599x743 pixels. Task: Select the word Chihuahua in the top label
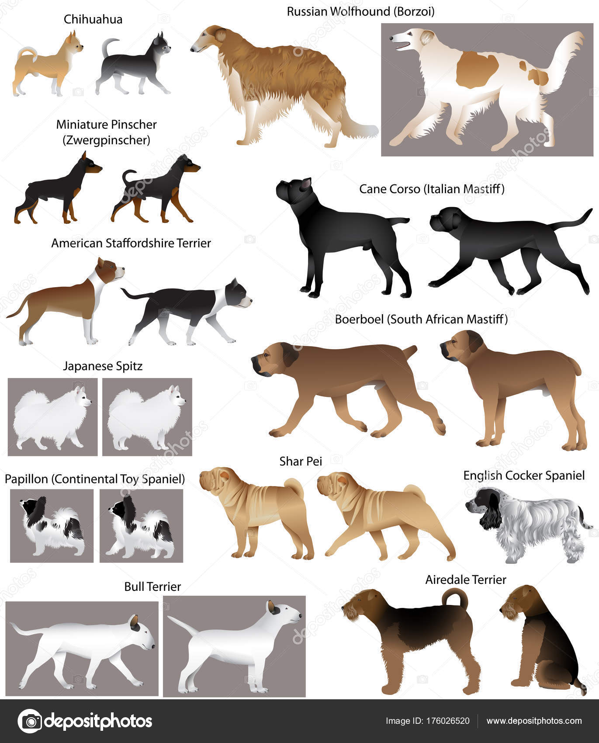coord(93,19)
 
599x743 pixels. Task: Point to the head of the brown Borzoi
coord(210,39)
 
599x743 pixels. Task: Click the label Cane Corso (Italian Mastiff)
coord(432,189)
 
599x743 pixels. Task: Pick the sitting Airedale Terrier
coord(542,642)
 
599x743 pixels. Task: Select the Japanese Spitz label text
coord(103,366)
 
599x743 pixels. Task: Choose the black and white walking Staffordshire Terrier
coord(188,310)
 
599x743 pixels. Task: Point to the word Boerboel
coord(359,319)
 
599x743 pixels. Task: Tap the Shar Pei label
coord(301,461)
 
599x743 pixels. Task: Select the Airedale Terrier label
coord(466,580)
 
